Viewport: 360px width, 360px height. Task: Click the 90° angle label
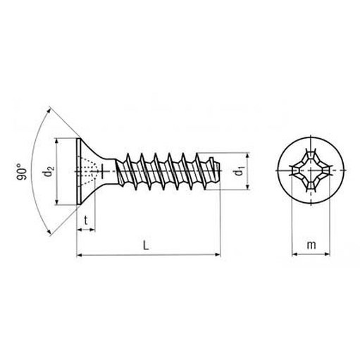tap(22, 172)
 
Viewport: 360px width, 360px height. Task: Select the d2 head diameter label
tap(49, 171)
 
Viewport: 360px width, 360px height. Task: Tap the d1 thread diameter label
tap(240, 171)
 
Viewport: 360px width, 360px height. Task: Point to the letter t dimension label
tap(86, 221)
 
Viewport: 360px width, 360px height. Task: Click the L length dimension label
tap(146, 245)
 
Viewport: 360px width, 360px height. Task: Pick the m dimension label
tap(311, 245)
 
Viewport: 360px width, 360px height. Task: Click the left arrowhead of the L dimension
tap(80, 254)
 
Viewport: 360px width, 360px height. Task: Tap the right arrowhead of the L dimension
tap(218, 254)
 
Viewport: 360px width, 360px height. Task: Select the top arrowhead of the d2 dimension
tap(56, 141)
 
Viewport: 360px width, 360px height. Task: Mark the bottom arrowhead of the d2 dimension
tap(56, 202)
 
